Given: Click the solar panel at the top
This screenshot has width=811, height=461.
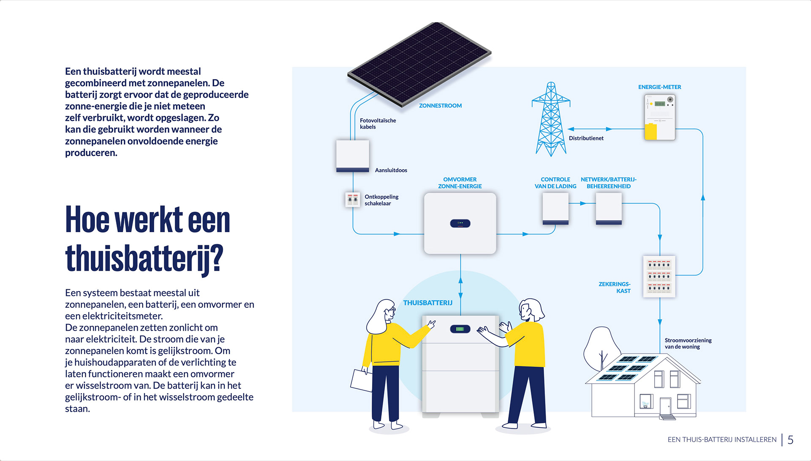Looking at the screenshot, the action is [419, 63].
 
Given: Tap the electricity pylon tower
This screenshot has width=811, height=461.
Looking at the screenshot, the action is [550, 121].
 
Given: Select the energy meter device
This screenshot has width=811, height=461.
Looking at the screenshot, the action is [659, 117].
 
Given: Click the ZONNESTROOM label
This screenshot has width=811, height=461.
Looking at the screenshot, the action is [440, 106].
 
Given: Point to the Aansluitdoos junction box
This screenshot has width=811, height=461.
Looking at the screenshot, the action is [352, 156].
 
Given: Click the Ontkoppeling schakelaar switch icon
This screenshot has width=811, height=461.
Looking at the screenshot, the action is [352, 200].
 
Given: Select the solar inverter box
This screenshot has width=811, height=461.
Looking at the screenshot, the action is [460, 223].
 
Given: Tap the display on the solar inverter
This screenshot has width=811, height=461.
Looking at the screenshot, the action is [460, 223].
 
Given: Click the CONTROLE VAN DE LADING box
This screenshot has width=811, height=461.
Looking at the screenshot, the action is [555, 209].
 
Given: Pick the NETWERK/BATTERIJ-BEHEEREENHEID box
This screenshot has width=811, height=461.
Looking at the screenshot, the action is [608, 209].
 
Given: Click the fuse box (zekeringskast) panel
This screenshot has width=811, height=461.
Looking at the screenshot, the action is [659, 277].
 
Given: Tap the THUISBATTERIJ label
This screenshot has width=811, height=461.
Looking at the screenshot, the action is [427, 303].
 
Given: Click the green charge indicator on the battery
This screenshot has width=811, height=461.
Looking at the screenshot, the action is [460, 329].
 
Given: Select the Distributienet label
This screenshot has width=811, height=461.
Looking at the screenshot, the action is [586, 138].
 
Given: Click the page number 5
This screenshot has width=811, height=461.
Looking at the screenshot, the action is [790, 440].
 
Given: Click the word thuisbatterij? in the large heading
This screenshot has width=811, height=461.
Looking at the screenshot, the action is [144, 258].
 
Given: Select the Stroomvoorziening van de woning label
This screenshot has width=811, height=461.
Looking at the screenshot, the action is [688, 343].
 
